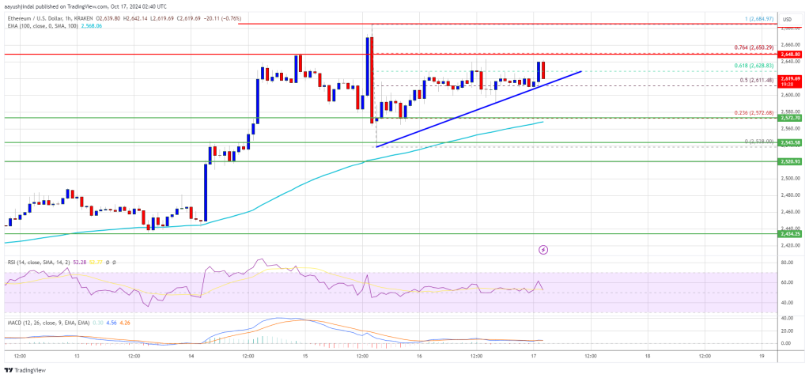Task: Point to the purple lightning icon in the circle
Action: pos(543,250)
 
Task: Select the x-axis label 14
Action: pos(191,356)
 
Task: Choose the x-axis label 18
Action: pos(647,356)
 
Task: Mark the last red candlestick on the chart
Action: pos(543,70)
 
